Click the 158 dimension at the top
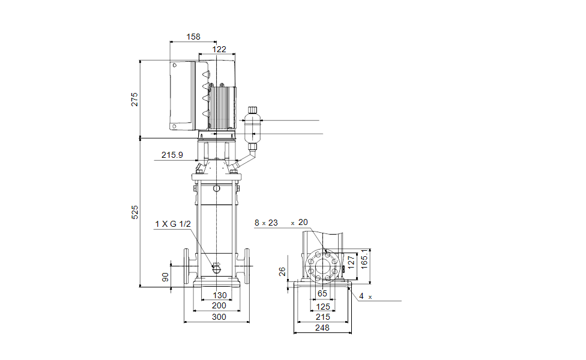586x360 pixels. (x=193, y=37)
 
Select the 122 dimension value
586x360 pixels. (x=219, y=49)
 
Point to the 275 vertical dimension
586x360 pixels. (x=134, y=100)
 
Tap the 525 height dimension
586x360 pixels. (x=134, y=212)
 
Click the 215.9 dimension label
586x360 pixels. (x=172, y=155)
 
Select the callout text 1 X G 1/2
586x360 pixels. (x=173, y=224)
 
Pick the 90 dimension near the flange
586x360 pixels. (x=165, y=277)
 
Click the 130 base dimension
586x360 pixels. (x=220, y=295)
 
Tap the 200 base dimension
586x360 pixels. (x=219, y=305)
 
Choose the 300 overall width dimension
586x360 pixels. (x=219, y=317)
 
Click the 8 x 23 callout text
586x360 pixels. (x=266, y=223)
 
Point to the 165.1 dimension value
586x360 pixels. (x=364, y=259)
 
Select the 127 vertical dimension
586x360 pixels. (x=351, y=262)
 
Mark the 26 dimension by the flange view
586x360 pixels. (x=283, y=271)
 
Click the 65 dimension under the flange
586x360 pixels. (x=322, y=293)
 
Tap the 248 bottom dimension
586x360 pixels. (x=322, y=328)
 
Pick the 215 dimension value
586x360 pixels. (x=323, y=317)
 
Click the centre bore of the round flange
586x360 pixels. (x=322, y=266)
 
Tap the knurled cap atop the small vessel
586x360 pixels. (x=253, y=110)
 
